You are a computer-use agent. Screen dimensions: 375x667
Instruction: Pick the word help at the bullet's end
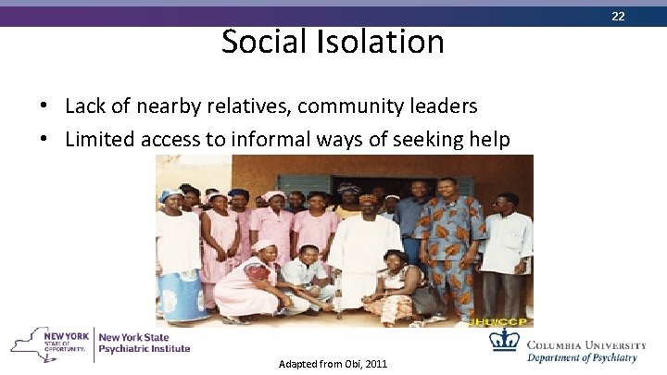(x=489, y=139)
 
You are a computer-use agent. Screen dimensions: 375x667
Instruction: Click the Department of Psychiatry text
(x=583, y=358)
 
